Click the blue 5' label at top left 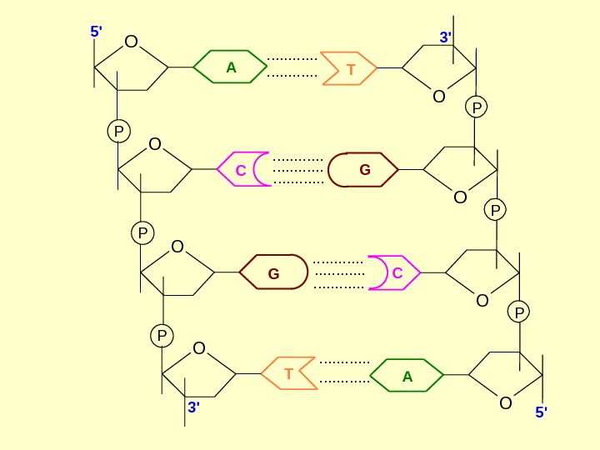coord(96,32)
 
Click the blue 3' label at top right coord(446,37)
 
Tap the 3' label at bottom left coord(193,407)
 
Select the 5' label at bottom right coord(541,412)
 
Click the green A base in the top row coord(231,68)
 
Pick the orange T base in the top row coord(350,70)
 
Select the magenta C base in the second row coord(242,170)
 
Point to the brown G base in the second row coord(363,170)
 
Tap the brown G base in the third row coord(273,273)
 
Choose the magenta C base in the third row coord(396,272)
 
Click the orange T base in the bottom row coord(288,374)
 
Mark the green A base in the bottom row coord(407,376)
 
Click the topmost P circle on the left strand coord(119,131)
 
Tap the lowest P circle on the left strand coord(162,336)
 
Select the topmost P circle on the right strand coord(477,107)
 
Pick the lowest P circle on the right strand coord(519,312)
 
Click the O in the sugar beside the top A coord(131,42)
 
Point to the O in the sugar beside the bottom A coord(505,403)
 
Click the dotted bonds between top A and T coord(292,68)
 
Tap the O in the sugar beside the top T coord(439,96)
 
